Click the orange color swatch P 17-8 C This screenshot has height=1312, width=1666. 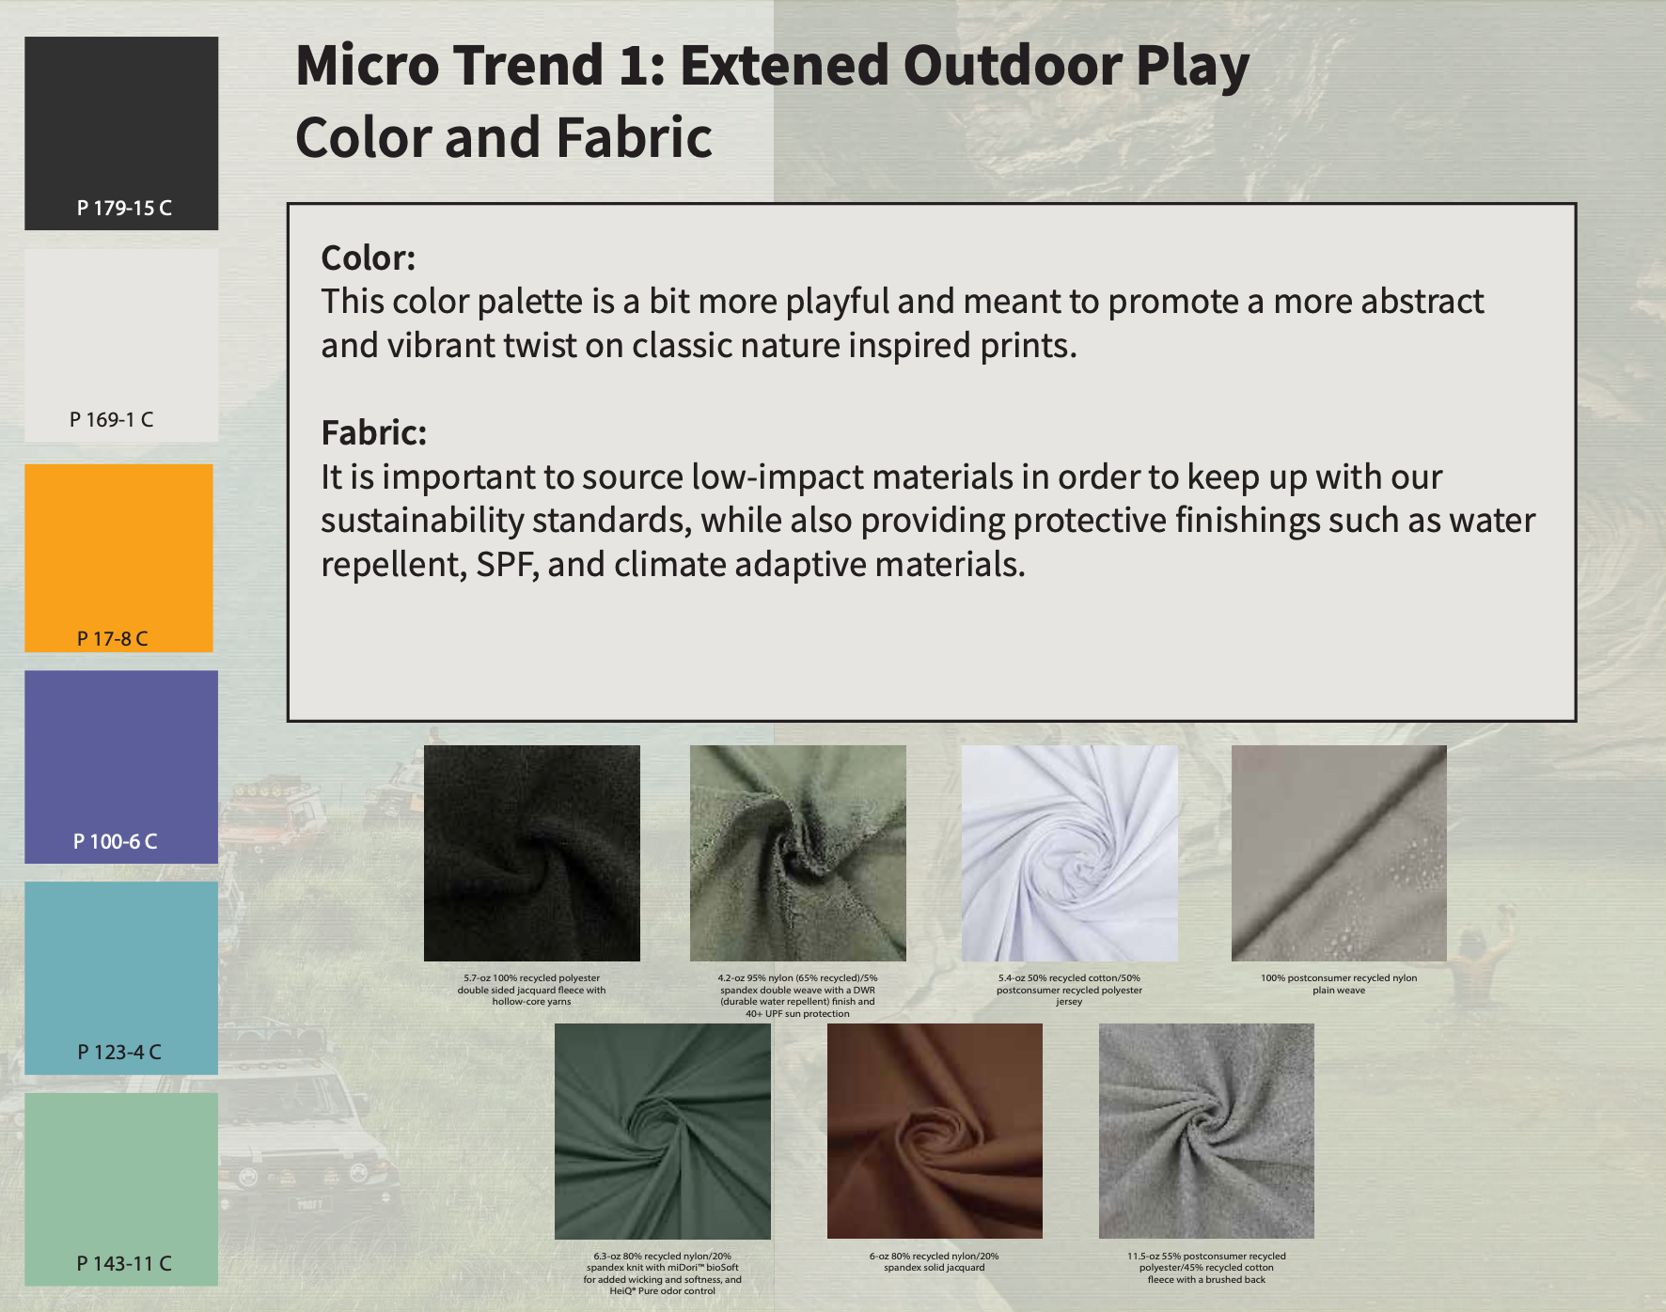pos(118,557)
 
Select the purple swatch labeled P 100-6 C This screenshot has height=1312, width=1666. pos(121,767)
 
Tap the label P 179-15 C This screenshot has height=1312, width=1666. pos(124,208)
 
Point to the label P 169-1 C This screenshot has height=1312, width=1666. pos(112,419)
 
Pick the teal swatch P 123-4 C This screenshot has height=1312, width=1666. pos(121,977)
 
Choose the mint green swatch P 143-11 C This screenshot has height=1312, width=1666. pos(121,1189)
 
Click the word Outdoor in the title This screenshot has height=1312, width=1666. pos(1012,65)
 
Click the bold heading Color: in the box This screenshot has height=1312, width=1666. pos(368,258)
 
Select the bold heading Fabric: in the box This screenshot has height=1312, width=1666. pos(373,432)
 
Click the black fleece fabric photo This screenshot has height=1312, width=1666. pos(532,853)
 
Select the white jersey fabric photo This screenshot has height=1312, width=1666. pos(1070,853)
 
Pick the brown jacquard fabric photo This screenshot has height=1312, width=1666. pos(935,1131)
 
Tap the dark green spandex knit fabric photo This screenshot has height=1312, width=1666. pos(663,1132)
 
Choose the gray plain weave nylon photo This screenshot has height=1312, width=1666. pos(1339,853)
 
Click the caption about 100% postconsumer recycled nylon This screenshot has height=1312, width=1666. pos(1339,984)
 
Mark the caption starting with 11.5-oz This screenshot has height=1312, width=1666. pos(1206,1268)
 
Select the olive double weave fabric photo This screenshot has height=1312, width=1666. pos(798,853)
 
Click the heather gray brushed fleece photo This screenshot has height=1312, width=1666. pos(1206,1131)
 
